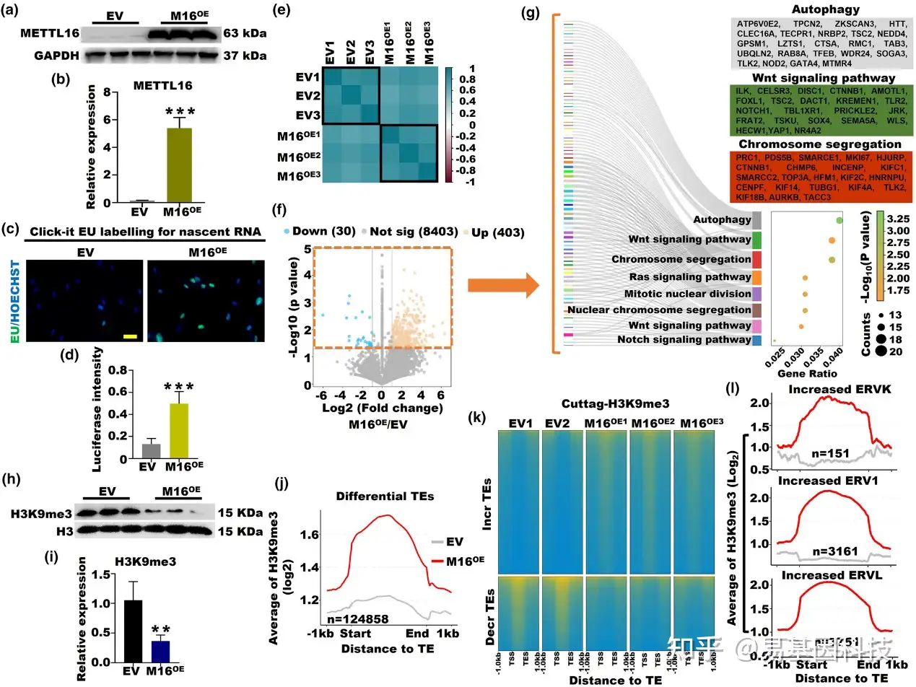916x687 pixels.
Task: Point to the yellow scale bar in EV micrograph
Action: (130, 336)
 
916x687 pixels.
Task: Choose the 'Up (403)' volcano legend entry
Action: (494, 232)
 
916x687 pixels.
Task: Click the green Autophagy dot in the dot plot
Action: (839, 220)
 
